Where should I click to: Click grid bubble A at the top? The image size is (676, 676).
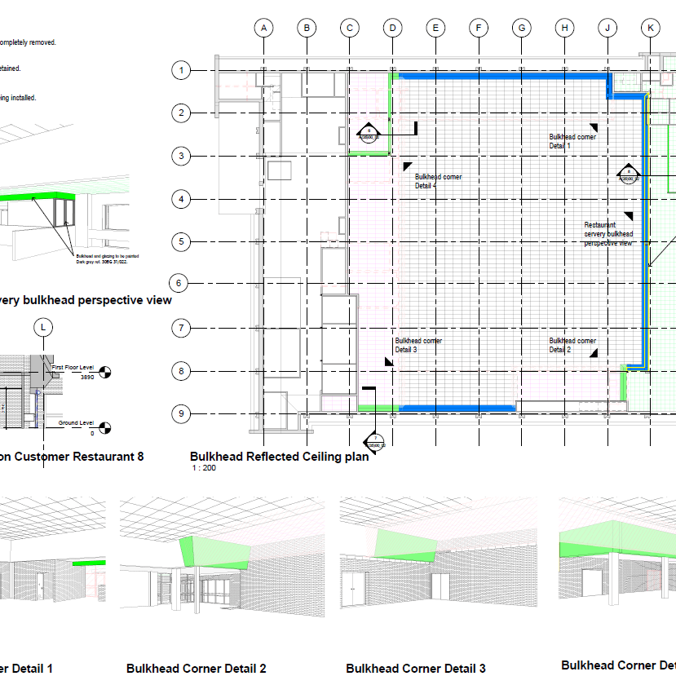[263, 28]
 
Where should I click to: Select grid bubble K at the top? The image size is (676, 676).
[650, 28]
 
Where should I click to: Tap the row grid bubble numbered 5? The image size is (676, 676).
[181, 241]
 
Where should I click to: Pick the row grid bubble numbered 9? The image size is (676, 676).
[181, 414]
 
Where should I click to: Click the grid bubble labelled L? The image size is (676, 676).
[43, 327]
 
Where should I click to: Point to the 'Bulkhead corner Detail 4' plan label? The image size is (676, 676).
[438, 181]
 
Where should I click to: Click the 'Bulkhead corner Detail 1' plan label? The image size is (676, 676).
[572, 141]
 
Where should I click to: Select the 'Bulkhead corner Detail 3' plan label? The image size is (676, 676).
[418, 345]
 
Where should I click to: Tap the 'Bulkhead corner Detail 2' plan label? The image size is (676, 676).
[572, 345]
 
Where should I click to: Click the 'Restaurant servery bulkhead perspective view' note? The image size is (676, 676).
[608, 234]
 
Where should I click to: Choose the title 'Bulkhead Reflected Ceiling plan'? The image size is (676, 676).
[279, 457]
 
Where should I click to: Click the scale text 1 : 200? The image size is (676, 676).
[204, 469]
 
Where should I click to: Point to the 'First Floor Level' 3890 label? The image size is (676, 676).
[74, 373]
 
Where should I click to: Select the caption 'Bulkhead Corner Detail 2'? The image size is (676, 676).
[196, 669]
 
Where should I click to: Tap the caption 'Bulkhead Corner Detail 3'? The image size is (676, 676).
[415, 669]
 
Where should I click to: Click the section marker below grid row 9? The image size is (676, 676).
[374, 443]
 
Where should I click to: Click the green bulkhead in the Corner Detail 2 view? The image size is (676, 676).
[214, 552]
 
